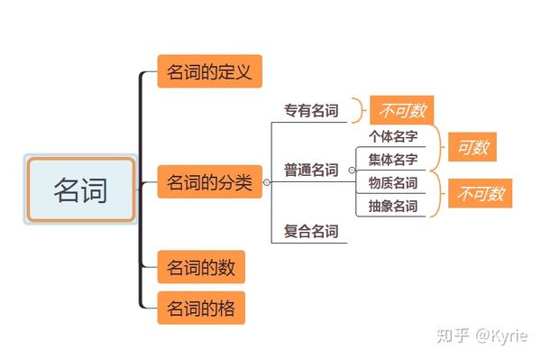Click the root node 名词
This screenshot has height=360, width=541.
80,189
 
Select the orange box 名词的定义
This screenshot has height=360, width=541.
209,71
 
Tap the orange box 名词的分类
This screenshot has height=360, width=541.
209,183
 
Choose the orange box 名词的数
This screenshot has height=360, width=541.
201,268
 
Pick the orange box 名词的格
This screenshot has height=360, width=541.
201,309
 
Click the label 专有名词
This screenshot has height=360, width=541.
310,111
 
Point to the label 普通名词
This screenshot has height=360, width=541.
310,170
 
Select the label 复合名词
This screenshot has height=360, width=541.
310,232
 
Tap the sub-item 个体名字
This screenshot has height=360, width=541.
392,137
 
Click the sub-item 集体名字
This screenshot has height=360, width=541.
392,160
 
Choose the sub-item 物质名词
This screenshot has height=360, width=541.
392,183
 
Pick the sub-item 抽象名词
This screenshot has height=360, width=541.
392,206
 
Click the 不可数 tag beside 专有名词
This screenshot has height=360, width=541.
401,111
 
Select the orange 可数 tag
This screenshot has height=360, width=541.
472,147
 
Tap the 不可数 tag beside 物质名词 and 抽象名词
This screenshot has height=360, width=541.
481,193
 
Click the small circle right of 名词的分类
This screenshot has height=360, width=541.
267,182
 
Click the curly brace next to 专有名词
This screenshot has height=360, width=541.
358,110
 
